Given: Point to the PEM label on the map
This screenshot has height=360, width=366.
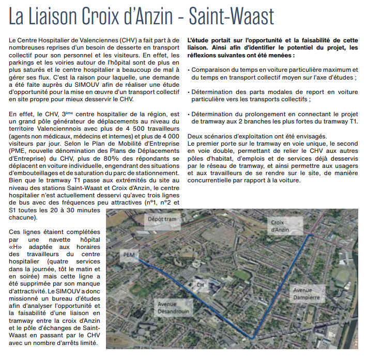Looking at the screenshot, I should [x=129, y=255].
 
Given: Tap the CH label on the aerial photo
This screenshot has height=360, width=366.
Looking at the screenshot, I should [x=200, y=284].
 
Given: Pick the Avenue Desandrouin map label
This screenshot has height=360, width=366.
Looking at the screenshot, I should [x=174, y=307].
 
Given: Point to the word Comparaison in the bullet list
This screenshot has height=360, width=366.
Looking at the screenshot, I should [x=211, y=69].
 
